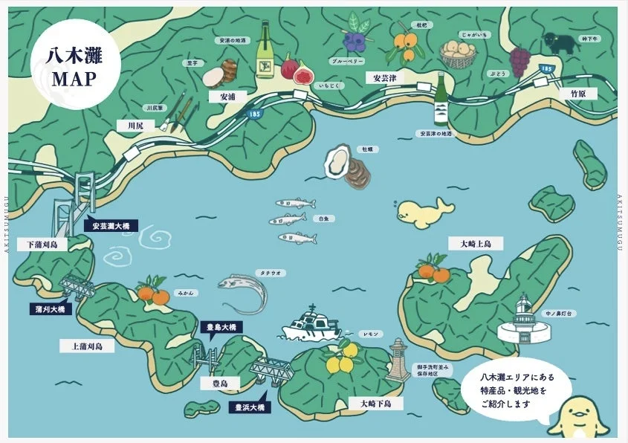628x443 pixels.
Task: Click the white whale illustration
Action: tap(424, 215)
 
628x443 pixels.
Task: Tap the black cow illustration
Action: tap(559, 42)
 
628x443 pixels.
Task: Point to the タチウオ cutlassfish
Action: tap(245, 291)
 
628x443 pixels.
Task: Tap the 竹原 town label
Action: tap(578, 94)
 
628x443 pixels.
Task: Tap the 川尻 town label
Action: tap(135, 126)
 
